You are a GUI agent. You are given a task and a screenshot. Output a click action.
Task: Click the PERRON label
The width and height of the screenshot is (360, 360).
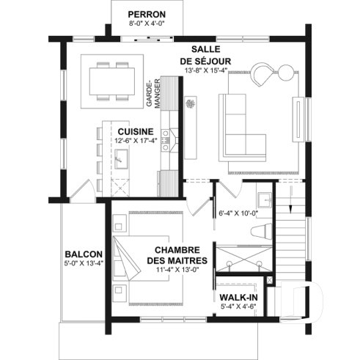(x=147, y=14)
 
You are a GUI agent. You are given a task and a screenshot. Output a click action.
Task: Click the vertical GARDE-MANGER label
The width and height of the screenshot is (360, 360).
(x=152, y=94)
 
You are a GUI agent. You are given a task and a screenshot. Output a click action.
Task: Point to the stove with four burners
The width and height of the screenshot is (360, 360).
(x=166, y=136)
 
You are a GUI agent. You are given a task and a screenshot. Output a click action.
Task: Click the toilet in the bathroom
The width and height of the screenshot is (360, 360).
(x=259, y=232)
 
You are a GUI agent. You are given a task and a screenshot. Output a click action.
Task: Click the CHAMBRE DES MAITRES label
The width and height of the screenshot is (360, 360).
(x=175, y=255)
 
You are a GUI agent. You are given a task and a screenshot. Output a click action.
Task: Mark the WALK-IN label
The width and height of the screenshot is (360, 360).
(x=239, y=297)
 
